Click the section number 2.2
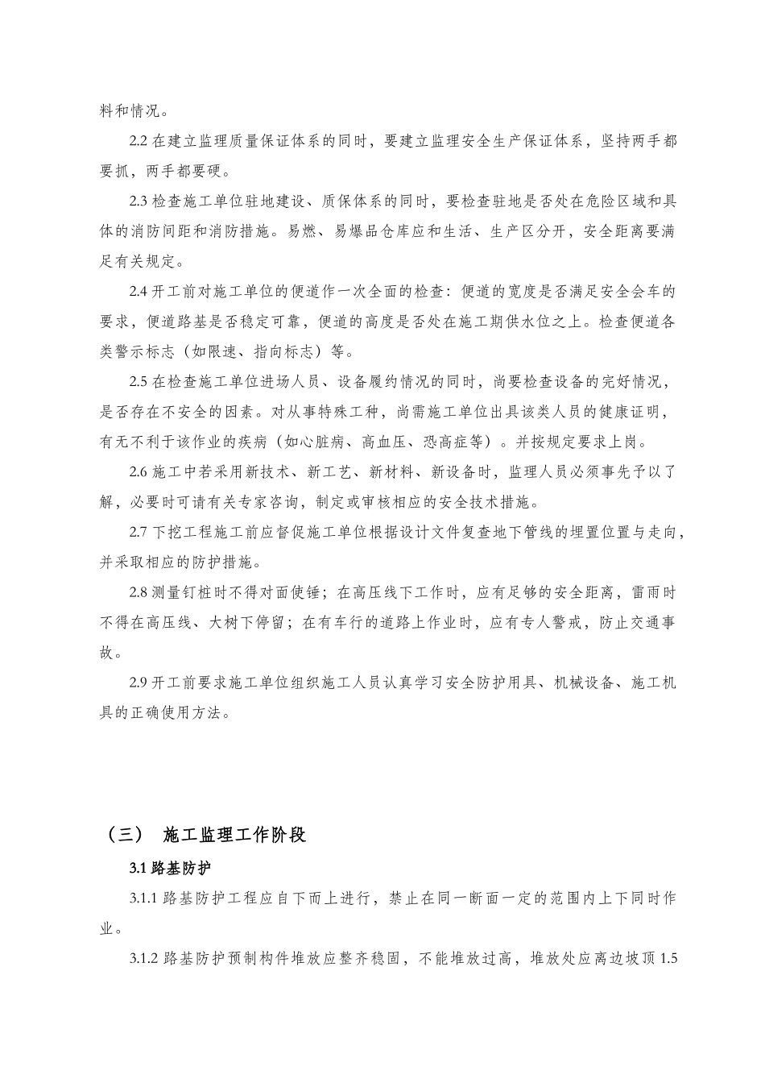click(x=138, y=141)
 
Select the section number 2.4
click(x=138, y=292)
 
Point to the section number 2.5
click(x=138, y=382)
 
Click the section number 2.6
click(x=138, y=472)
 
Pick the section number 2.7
click(x=138, y=533)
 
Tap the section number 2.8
click(x=138, y=593)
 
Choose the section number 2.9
click(x=138, y=683)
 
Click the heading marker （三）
click(x=120, y=834)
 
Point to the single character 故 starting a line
click(x=107, y=654)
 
